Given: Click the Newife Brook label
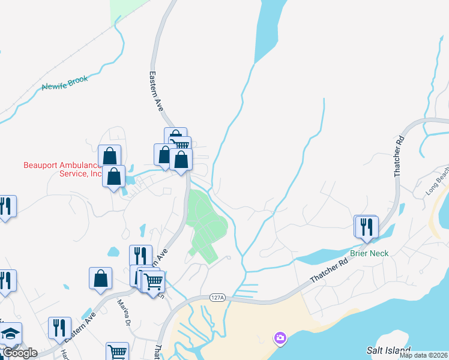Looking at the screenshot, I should pyautogui.click(x=65, y=83).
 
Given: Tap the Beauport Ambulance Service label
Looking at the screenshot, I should pyautogui.click(x=62, y=169).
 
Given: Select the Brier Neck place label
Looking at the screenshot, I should pyautogui.click(x=370, y=253).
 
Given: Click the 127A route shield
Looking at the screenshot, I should pyautogui.click(x=217, y=298).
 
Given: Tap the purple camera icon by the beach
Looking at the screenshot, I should pyautogui.click(x=280, y=338).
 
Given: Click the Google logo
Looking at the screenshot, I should pyautogui.click(x=19, y=353).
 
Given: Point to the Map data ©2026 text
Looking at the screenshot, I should pyautogui.click(x=423, y=355).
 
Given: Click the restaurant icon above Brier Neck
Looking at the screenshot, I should pyautogui.click(x=366, y=227).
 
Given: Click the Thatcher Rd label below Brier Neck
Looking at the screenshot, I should pyautogui.click(x=330, y=271).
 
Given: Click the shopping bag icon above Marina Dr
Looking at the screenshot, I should pyautogui.click(x=100, y=278).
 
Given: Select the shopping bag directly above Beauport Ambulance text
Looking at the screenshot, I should pyautogui.click(x=110, y=156).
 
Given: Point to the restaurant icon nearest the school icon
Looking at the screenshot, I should pyautogui.click(x=59, y=328).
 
